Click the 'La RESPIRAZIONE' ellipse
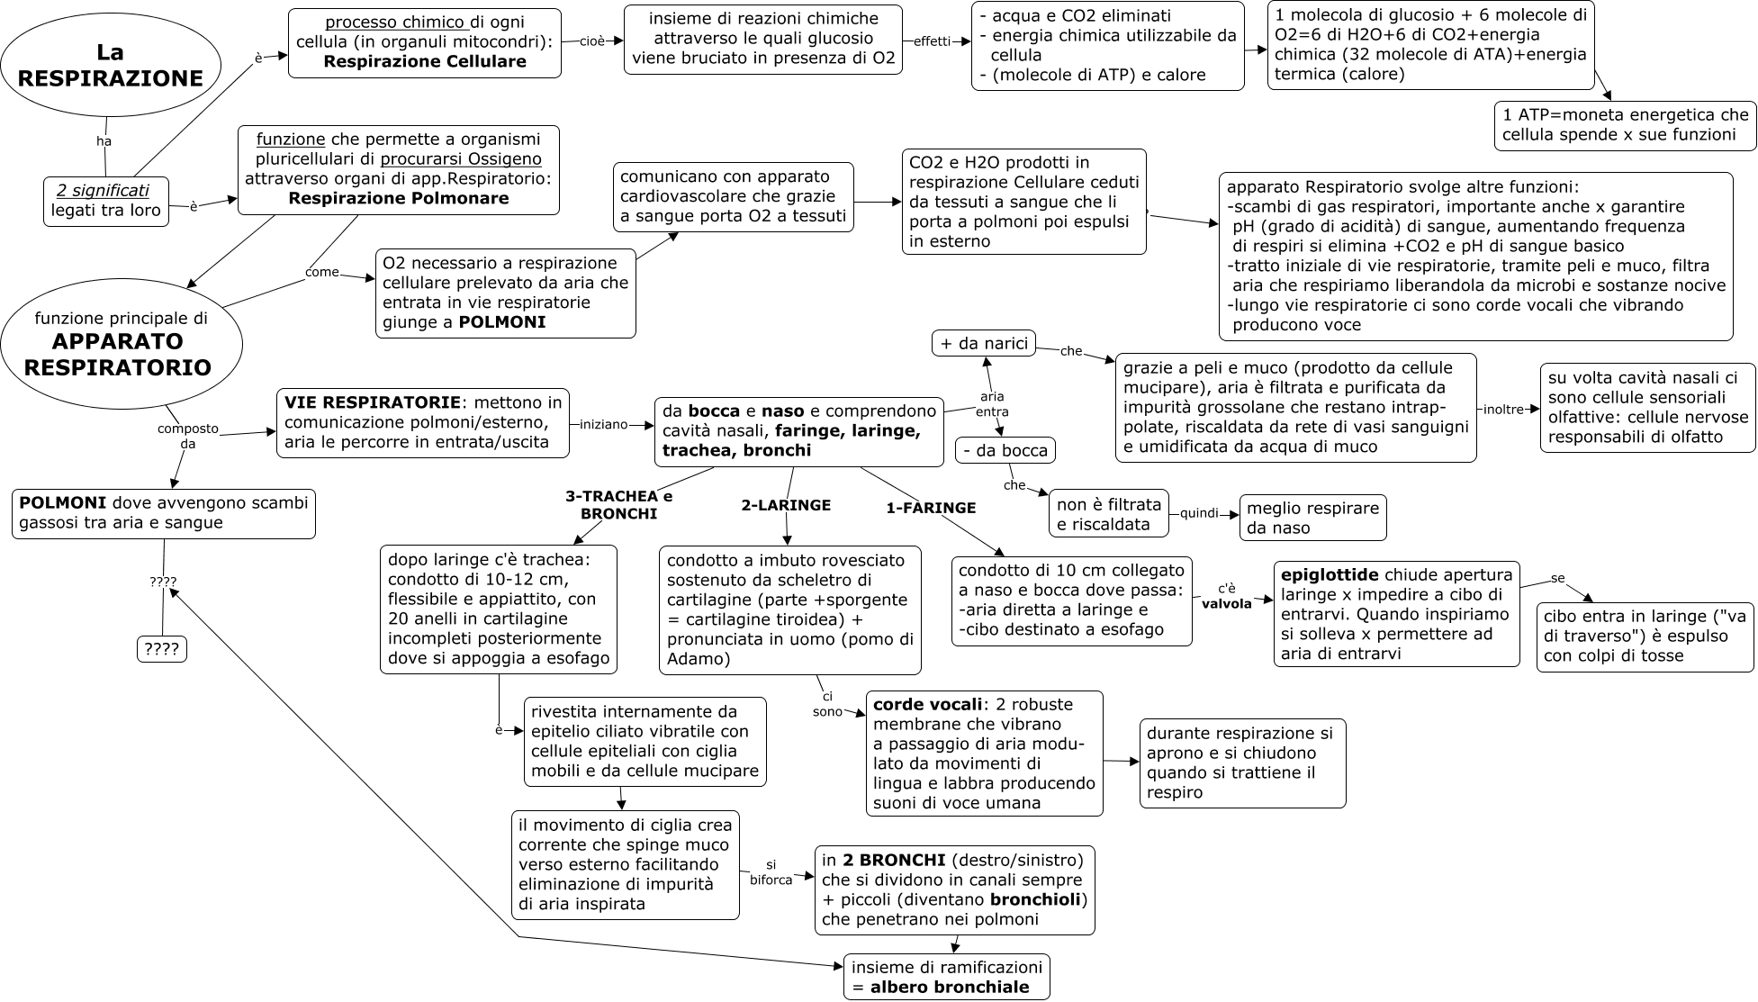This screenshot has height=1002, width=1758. pyautogui.click(x=111, y=66)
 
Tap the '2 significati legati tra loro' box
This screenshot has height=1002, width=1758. pyautogui.click(x=106, y=201)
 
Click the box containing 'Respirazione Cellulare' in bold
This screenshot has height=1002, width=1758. pyautogui.click(x=424, y=42)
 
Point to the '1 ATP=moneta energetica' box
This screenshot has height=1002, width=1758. pyautogui.click(x=1626, y=125)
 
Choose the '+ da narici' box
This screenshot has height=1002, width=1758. pyautogui.click(x=983, y=343)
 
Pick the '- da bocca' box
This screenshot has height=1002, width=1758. pyautogui.click(x=1005, y=449)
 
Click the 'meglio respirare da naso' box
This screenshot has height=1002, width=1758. pyautogui.click(x=1312, y=518)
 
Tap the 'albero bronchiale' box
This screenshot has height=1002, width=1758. pyautogui.click(x=946, y=977)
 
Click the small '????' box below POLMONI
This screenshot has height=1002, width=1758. pyautogui.click(x=162, y=647)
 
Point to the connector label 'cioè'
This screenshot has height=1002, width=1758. pyautogui.click(x=591, y=41)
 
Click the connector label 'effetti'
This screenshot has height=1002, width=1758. pyautogui.click(x=932, y=41)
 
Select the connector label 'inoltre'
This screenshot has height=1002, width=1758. pyautogui.click(x=1503, y=409)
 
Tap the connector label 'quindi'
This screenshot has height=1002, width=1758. pyautogui.click(x=1199, y=513)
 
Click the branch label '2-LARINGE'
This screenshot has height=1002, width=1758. pyautogui.click(x=786, y=505)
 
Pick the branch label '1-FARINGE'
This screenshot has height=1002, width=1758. pyautogui.click(x=931, y=508)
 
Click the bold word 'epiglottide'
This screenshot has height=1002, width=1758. pyautogui.click(x=1329, y=575)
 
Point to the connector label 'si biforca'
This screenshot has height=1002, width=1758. pyautogui.click(x=771, y=871)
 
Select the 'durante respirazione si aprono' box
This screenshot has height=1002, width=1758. pyautogui.click(x=1242, y=763)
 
